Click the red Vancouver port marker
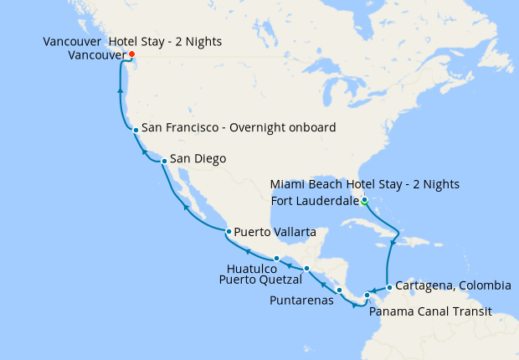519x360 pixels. [131, 54]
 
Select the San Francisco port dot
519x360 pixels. [136, 130]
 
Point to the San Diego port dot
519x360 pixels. [164, 160]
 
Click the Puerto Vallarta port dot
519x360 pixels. [228, 231]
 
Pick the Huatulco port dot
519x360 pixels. [276, 258]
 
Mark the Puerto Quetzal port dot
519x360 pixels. [307, 268]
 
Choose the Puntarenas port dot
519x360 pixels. [339, 291]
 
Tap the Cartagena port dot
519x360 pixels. [389, 288]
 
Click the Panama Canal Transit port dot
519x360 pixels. [367, 296]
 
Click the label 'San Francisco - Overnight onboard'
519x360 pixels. [239, 128]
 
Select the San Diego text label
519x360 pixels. [198, 158]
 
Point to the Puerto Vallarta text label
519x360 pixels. [275, 230]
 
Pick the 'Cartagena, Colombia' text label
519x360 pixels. [453, 285]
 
